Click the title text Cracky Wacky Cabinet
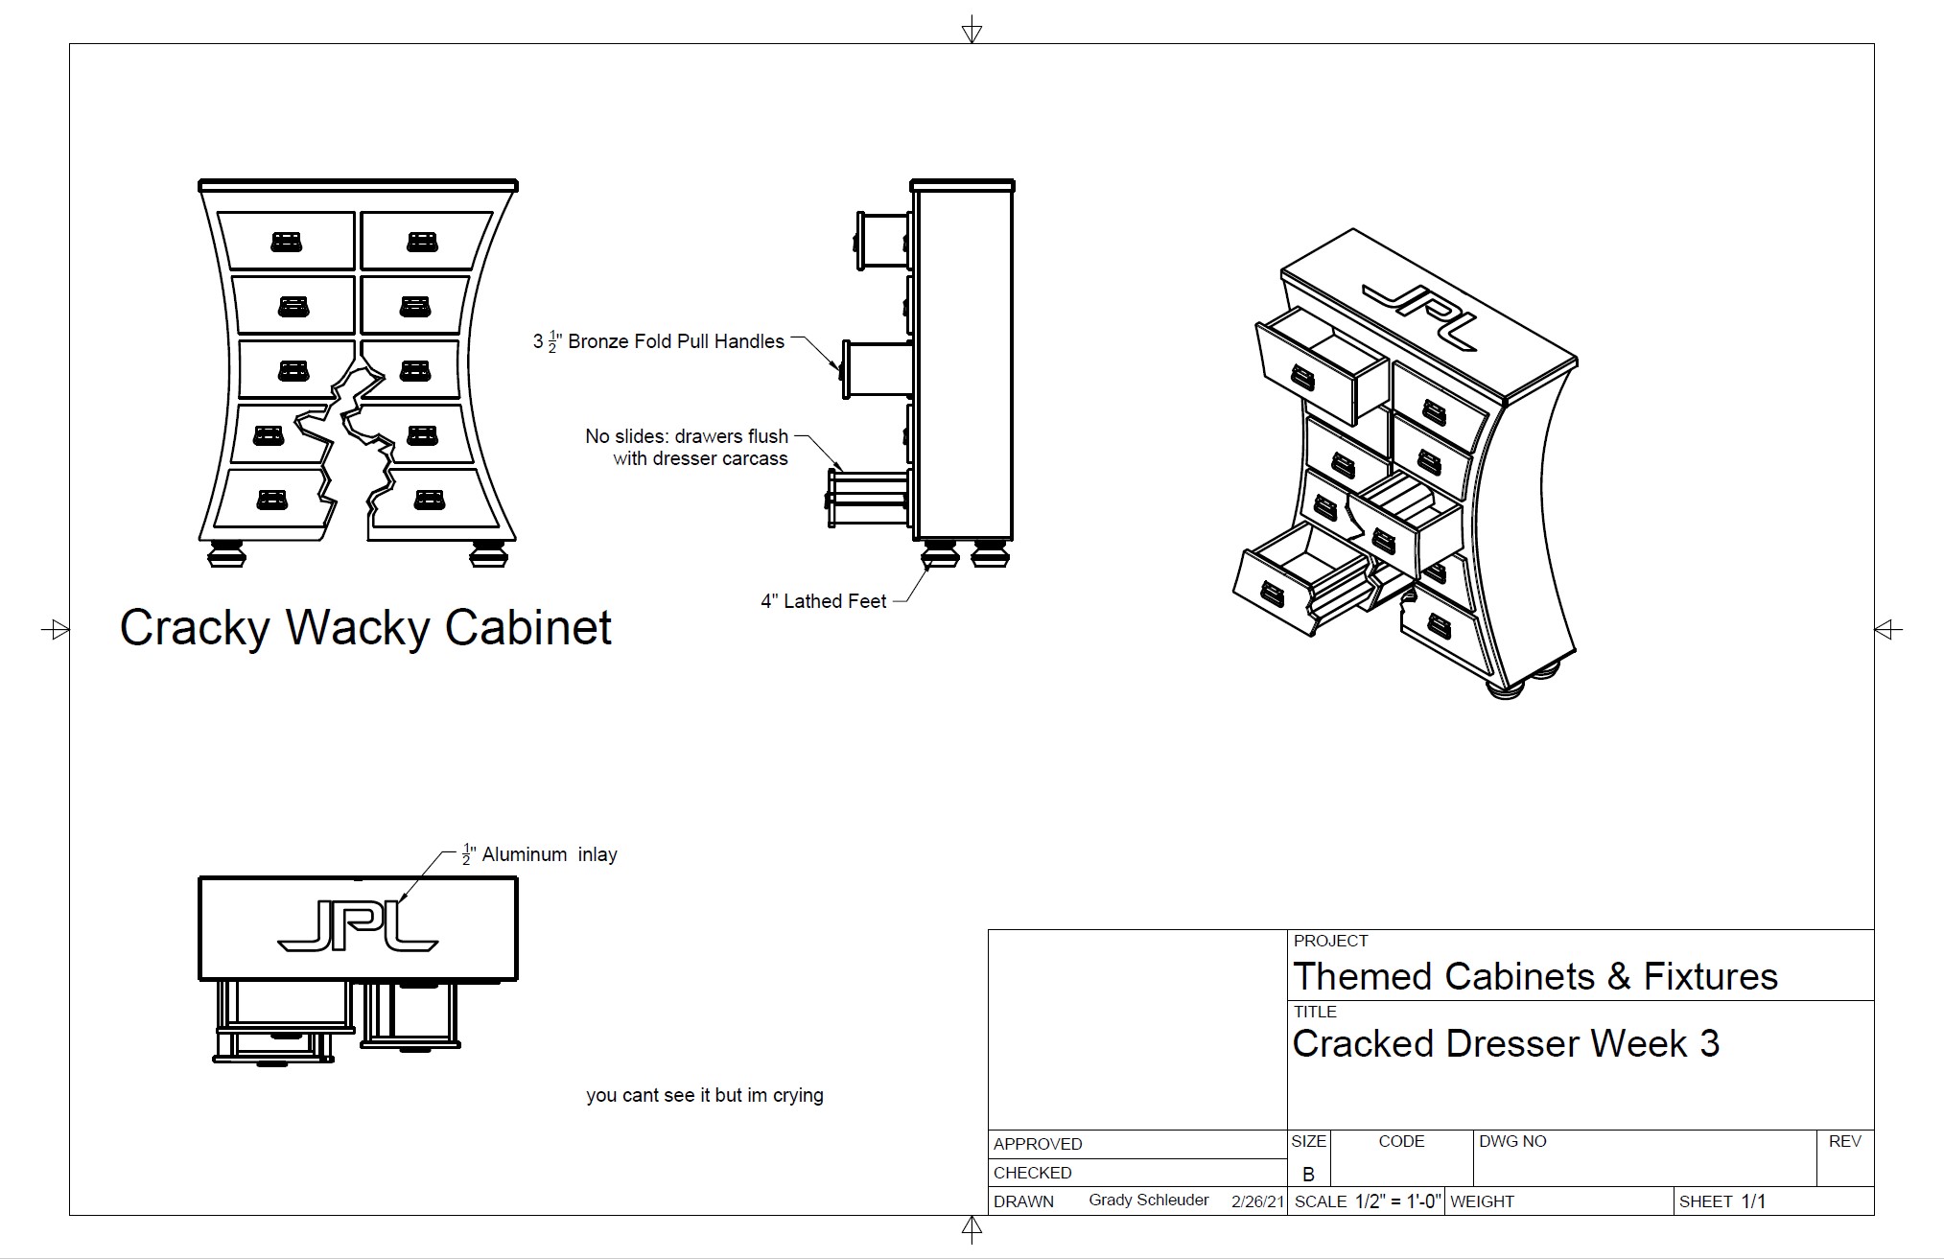tap(365, 628)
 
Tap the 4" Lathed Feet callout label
tap(823, 602)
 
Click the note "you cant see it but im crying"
tap(705, 1095)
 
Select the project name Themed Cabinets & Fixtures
tap(1534, 976)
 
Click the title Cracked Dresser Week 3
tap(1505, 1043)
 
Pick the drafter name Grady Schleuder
tap(1148, 1201)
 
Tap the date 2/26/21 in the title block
tap(1257, 1201)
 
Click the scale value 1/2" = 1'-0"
tap(1397, 1201)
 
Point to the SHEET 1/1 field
tap(1722, 1201)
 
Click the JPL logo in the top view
tap(358, 929)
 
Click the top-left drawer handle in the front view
tap(287, 241)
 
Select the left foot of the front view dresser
tap(227, 554)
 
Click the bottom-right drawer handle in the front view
tap(428, 500)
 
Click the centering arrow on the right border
tap(1887, 630)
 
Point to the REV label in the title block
tap(1844, 1141)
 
